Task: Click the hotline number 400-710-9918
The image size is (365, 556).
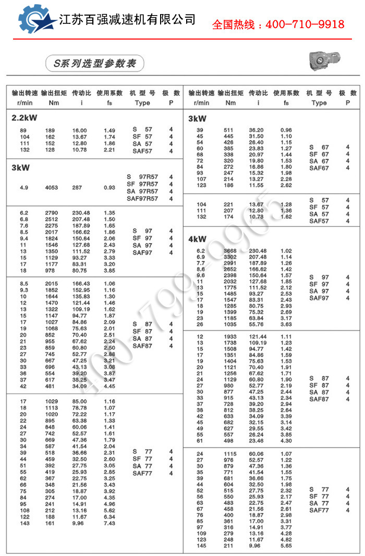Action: (305, 24)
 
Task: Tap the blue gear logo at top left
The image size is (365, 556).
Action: (35, 20)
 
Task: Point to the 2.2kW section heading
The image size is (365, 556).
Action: (24, 118)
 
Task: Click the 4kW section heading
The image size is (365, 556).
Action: (197, 239)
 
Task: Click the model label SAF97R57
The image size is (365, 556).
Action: (142, 198)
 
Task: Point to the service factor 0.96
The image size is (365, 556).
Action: (286, 130)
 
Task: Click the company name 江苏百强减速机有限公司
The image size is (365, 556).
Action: (127, 20)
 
